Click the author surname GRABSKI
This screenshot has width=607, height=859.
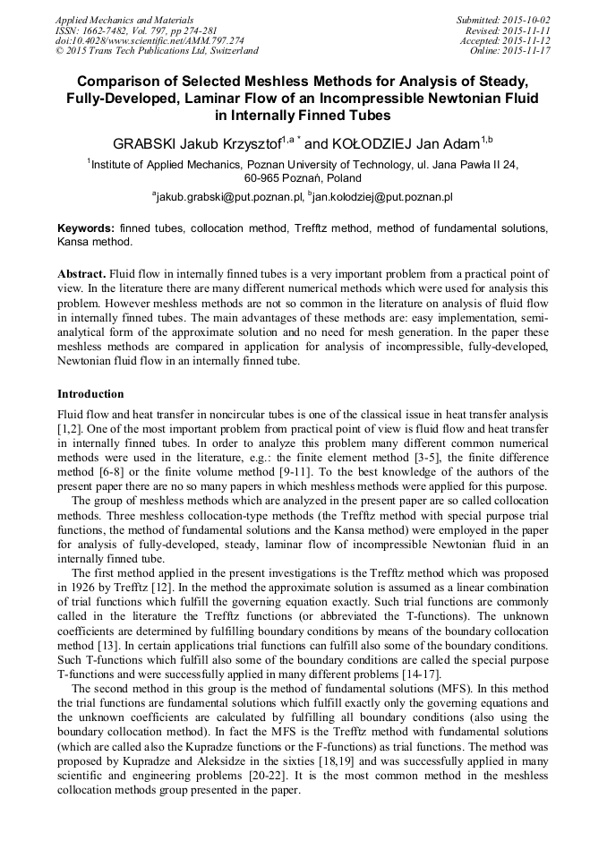(141, 143)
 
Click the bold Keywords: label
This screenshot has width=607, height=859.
(86, 228)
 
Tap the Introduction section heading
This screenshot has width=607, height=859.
(90, 394)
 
